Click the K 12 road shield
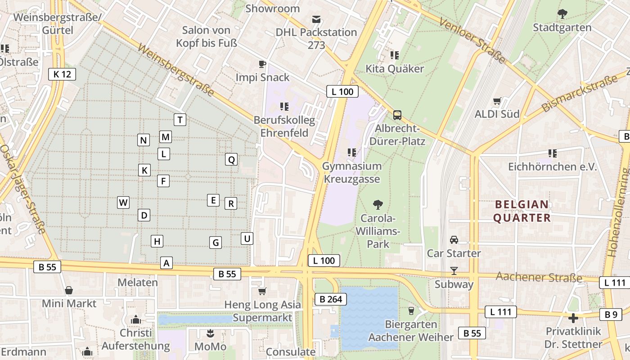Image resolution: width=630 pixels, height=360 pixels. [62, 74]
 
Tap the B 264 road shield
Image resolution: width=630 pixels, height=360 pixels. [331, 299]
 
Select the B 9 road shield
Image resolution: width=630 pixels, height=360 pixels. [611, 315]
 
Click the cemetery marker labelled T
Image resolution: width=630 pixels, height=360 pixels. [180, 120]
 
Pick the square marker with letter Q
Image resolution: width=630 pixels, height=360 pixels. [231, 159]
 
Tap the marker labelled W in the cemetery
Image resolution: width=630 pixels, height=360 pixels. [123, 202]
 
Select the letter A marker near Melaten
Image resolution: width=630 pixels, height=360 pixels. [166, 263]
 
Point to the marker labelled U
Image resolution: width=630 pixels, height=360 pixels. [247, 238]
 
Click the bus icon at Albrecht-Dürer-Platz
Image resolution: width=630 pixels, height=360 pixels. [397, 115]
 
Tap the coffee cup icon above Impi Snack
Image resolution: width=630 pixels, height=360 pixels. [262, 64]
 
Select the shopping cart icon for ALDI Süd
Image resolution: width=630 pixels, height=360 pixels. [497, 101]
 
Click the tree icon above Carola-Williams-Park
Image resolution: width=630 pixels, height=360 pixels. [378, 205]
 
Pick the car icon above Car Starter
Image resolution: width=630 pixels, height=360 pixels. [454, 240]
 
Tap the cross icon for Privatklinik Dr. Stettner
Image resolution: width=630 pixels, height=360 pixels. [573, 318]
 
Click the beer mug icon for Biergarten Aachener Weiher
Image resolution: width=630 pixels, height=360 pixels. [410, 310]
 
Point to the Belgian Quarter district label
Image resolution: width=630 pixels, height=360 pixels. [522, 211]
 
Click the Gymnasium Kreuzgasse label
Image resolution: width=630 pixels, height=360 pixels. [351, 172]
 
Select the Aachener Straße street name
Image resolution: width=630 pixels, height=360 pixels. [539, 277]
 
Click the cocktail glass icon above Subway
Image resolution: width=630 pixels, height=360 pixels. [454, 270]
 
